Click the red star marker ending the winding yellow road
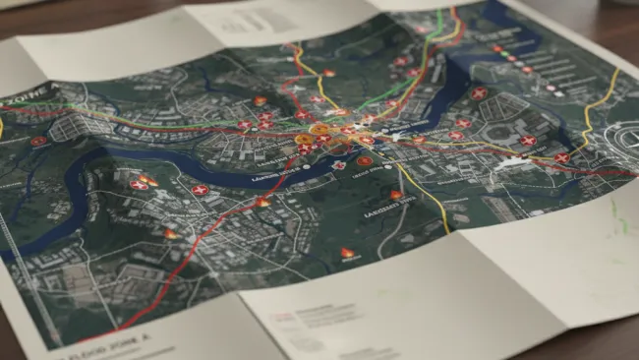click(562, 157)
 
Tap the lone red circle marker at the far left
click(38, 141)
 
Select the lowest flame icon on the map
click(347, 253)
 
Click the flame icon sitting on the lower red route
click(262, 202)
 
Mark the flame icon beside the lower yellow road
click(395, 195)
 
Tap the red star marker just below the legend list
click(479, 93)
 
